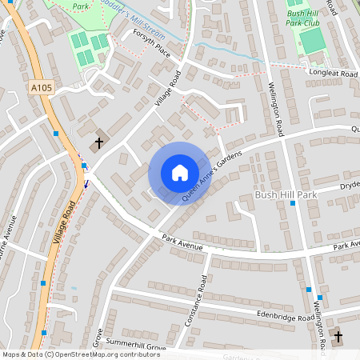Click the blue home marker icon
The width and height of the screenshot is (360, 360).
(179, 173)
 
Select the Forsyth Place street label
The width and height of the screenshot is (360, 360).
(152, 51)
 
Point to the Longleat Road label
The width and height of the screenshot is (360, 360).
(332, 74)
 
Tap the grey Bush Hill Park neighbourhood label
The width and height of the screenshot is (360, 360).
(286, 195)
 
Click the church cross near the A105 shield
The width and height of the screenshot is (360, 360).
(99, 143)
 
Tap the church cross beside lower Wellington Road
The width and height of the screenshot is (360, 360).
(337, 336)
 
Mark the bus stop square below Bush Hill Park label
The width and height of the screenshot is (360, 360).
(293, 204)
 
